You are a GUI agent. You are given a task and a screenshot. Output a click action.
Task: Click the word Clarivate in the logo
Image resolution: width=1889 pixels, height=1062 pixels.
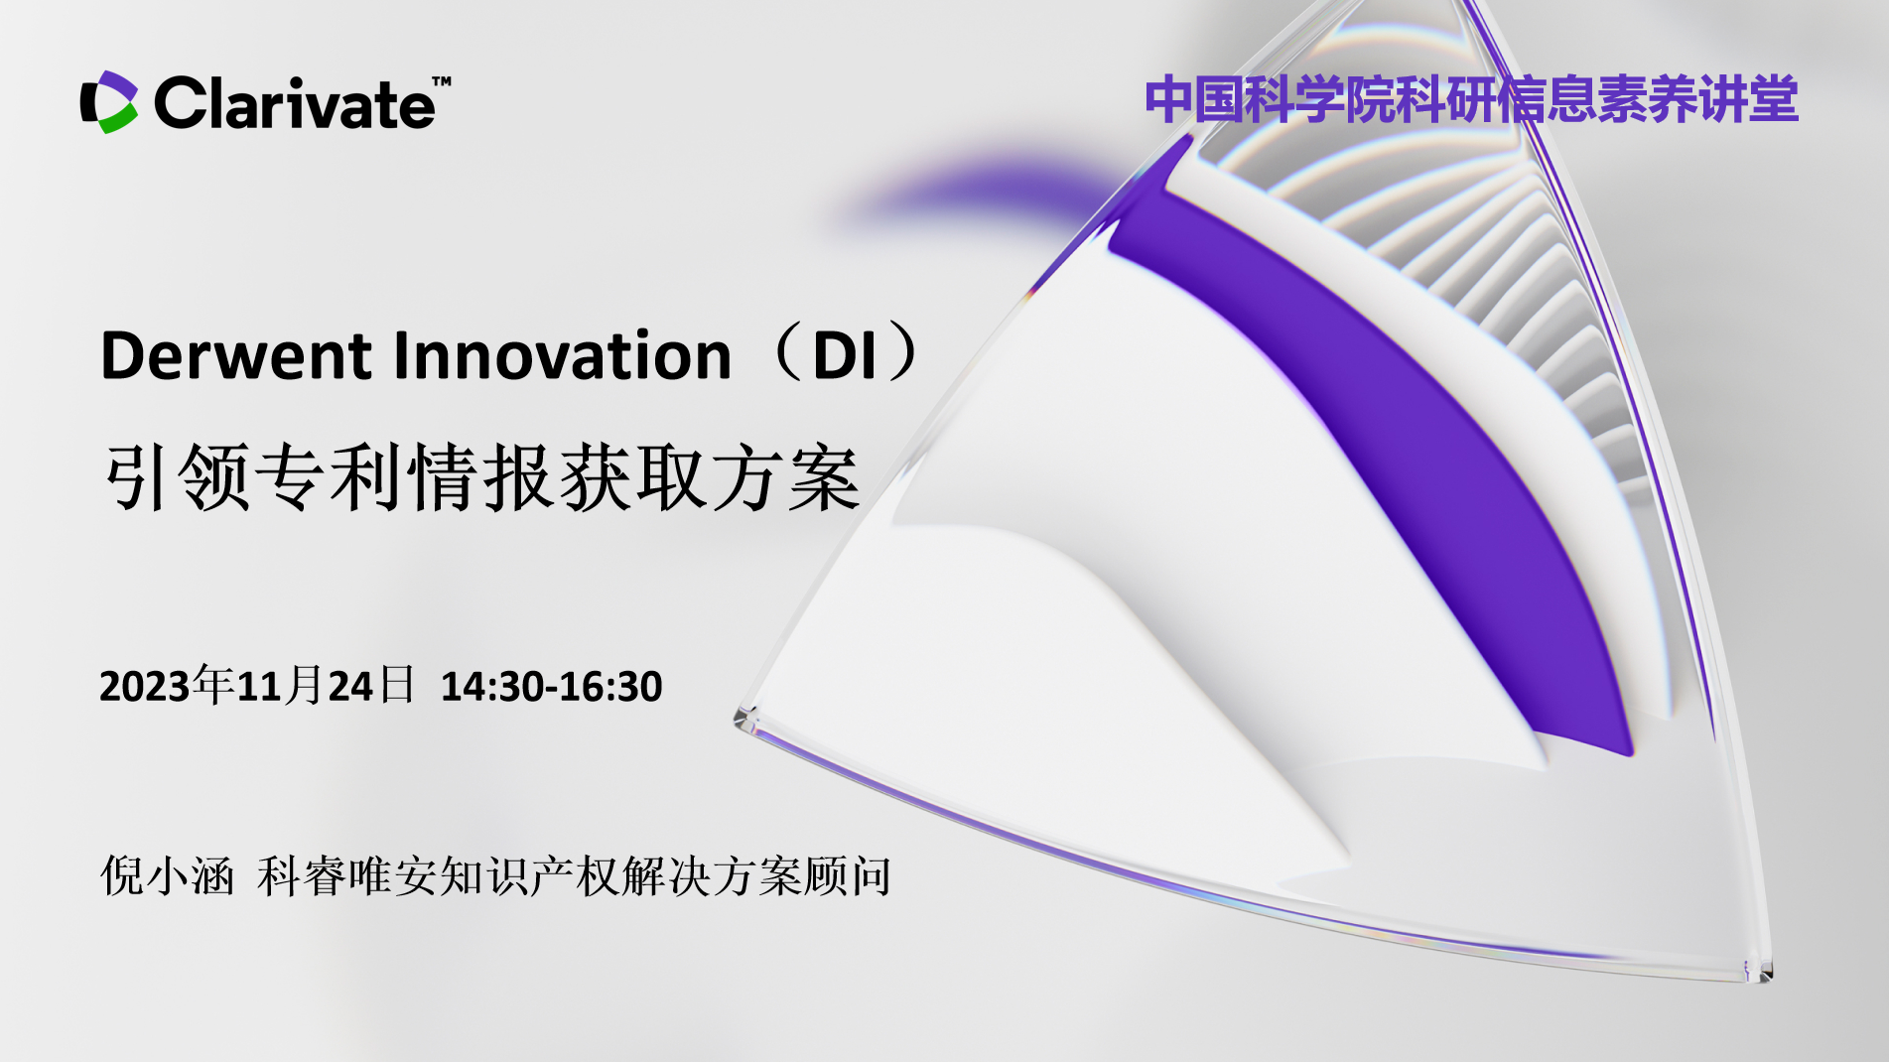coord(294,103)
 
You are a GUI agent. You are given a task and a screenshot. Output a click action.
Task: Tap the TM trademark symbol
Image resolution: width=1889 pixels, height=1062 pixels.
coord(442,81)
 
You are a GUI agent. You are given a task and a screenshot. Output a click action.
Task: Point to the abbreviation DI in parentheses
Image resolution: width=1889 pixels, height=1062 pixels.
coord(845,355)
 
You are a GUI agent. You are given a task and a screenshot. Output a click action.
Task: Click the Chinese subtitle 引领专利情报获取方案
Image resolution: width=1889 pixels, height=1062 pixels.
coord(481,477)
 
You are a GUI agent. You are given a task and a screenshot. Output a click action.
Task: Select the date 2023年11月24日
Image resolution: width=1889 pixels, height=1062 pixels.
coord(257,686)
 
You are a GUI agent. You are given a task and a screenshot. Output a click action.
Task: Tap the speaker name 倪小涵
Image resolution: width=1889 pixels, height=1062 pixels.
coord(167,876)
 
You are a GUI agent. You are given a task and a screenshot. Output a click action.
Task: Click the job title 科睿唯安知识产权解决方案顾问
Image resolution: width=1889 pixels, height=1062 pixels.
coord(574,876)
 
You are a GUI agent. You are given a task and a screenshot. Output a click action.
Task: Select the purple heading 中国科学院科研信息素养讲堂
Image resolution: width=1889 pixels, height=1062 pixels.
coord(1471,99)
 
